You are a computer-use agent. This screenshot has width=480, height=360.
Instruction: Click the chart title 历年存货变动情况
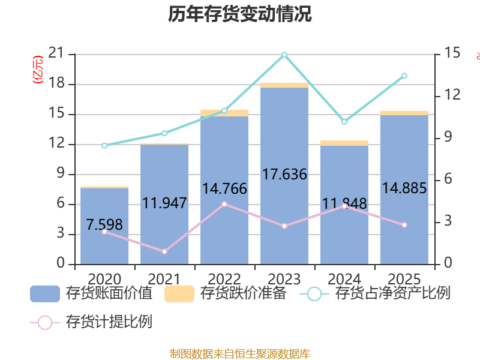point(240,14)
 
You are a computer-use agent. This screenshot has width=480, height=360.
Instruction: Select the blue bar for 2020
point(104,240)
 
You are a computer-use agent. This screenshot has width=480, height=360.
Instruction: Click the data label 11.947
point(164,203)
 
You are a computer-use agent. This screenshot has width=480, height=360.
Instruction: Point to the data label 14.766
point(224,189)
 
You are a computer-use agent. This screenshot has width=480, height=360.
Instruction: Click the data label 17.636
point(284,175)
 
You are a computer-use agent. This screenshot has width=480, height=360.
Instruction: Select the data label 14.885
point(404,188)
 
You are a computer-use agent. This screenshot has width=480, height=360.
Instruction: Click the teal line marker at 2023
point(284,55)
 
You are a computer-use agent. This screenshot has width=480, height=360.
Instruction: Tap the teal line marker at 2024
point(344,122)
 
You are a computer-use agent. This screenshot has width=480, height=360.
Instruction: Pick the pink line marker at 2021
point(164,251)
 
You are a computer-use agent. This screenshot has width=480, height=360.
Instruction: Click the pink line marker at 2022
point(224,204)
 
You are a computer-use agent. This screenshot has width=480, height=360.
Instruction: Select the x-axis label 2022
point(224,279)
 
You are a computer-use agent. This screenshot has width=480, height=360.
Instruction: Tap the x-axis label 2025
point(404,279)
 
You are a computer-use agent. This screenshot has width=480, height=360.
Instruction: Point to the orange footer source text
point(240,353)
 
